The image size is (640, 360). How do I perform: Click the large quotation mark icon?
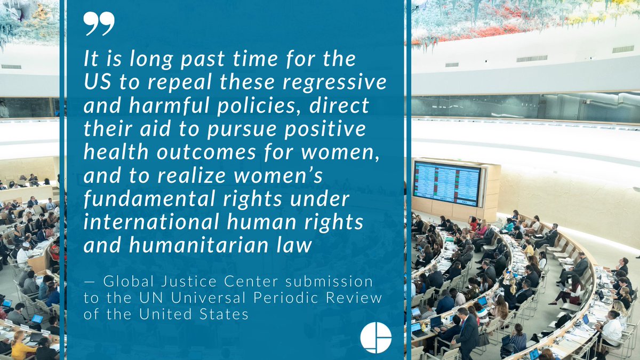coord(99,25)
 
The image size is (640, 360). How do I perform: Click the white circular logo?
coord(376,337)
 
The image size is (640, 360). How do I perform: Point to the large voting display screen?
coord(447,183)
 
